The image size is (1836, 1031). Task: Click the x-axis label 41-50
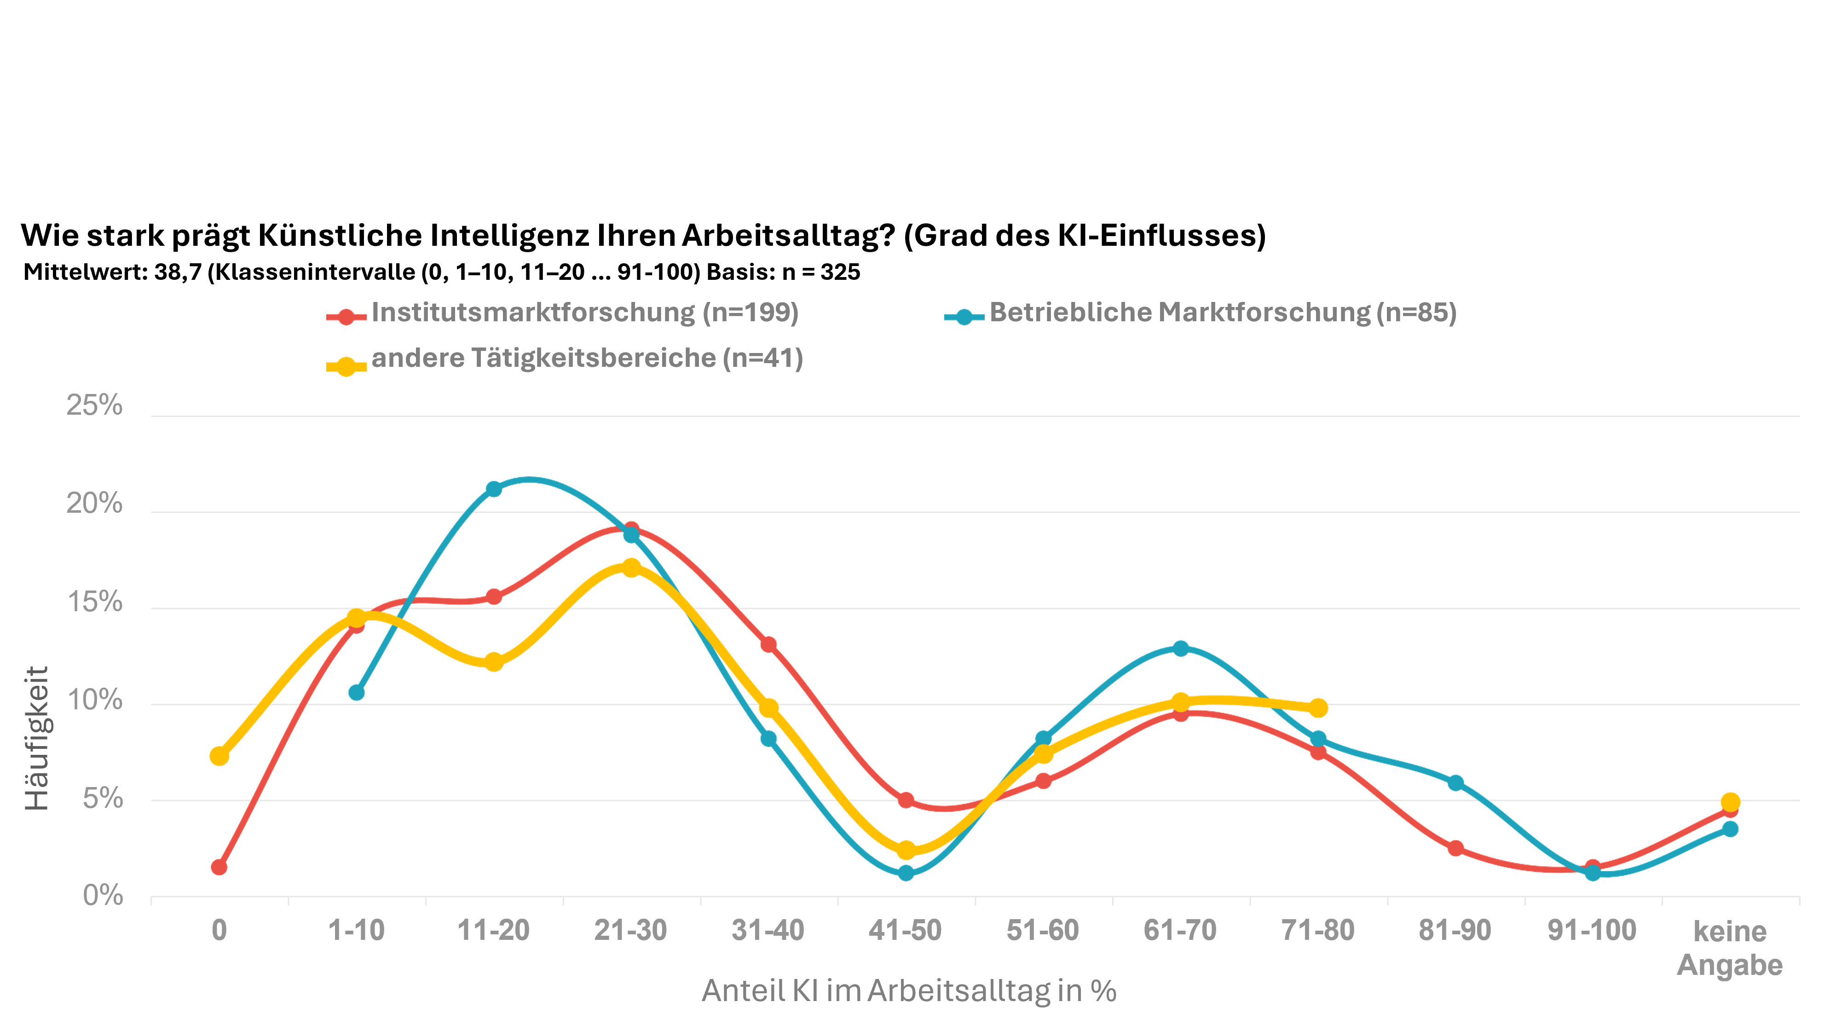click(905, 931)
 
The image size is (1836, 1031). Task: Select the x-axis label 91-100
click(1592, 931)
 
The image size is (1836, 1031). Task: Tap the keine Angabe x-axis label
click(1730, 948)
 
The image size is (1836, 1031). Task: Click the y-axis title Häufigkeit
click(37, 738)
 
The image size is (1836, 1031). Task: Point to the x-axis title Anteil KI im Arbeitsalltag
click(909, 991)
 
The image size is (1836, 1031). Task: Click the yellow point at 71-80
click(1318, 708)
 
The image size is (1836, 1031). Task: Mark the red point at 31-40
click(768, 644)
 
